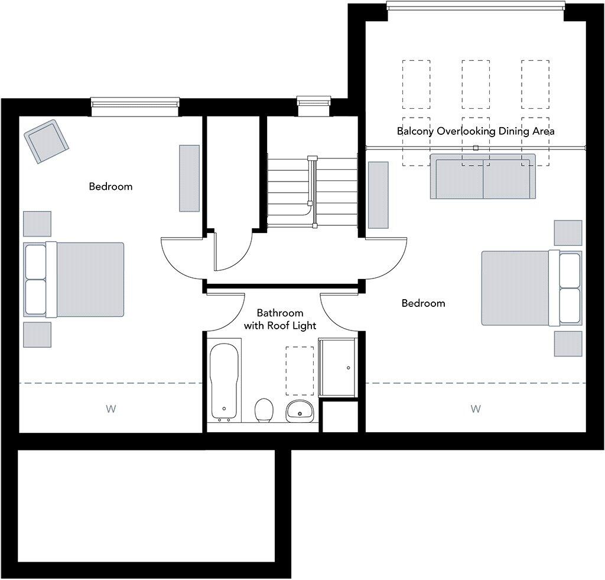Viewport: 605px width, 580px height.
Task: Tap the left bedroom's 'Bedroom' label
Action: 110,187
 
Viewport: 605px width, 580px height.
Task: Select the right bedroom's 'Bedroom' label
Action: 423,303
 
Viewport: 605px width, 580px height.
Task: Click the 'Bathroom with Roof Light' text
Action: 280,319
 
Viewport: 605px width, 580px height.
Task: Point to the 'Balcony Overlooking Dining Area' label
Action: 475,131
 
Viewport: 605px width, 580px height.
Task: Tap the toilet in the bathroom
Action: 264,410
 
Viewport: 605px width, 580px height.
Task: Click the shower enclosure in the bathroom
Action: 337,367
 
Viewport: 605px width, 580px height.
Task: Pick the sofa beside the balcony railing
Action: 483,177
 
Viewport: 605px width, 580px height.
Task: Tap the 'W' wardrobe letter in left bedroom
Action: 110,409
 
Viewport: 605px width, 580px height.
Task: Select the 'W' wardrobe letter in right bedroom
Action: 476,409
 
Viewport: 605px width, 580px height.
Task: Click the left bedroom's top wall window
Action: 135,104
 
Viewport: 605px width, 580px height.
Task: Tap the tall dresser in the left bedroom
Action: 190,178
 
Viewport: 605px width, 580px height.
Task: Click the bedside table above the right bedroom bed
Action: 568,232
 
